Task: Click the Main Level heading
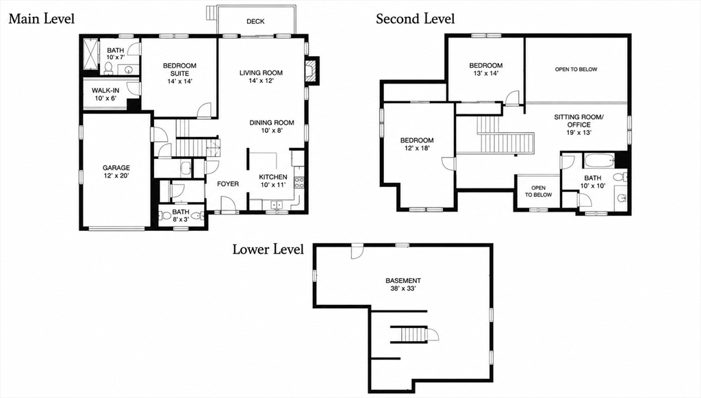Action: (x=42, y=18)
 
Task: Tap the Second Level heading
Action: (x=416, y=18)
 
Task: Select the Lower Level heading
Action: (x=268, y=249)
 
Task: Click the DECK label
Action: (x=255, y=21)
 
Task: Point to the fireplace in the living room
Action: (x=312, y=71)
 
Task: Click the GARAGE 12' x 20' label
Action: (x=116, y=172)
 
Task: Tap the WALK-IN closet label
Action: (x=105, y=95)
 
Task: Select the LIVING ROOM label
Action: (x=261, y=73)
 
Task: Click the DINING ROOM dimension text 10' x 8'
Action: (x=272, y=131)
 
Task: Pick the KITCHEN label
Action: (x=273, y=177)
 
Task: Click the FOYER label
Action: (x=228, y=184)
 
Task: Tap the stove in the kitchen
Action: (x=299, y=182)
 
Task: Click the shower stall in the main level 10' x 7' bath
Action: (x=91, y=55)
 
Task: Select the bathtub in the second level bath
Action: (x=598, y=160)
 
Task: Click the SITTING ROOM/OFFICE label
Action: (x=579, y=121)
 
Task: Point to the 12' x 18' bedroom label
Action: (x=417, y=144)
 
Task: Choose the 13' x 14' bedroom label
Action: (x=486, y=69)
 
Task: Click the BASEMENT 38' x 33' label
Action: (x=403, y=284)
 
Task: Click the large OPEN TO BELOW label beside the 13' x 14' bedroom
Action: (x=576, y=69)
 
